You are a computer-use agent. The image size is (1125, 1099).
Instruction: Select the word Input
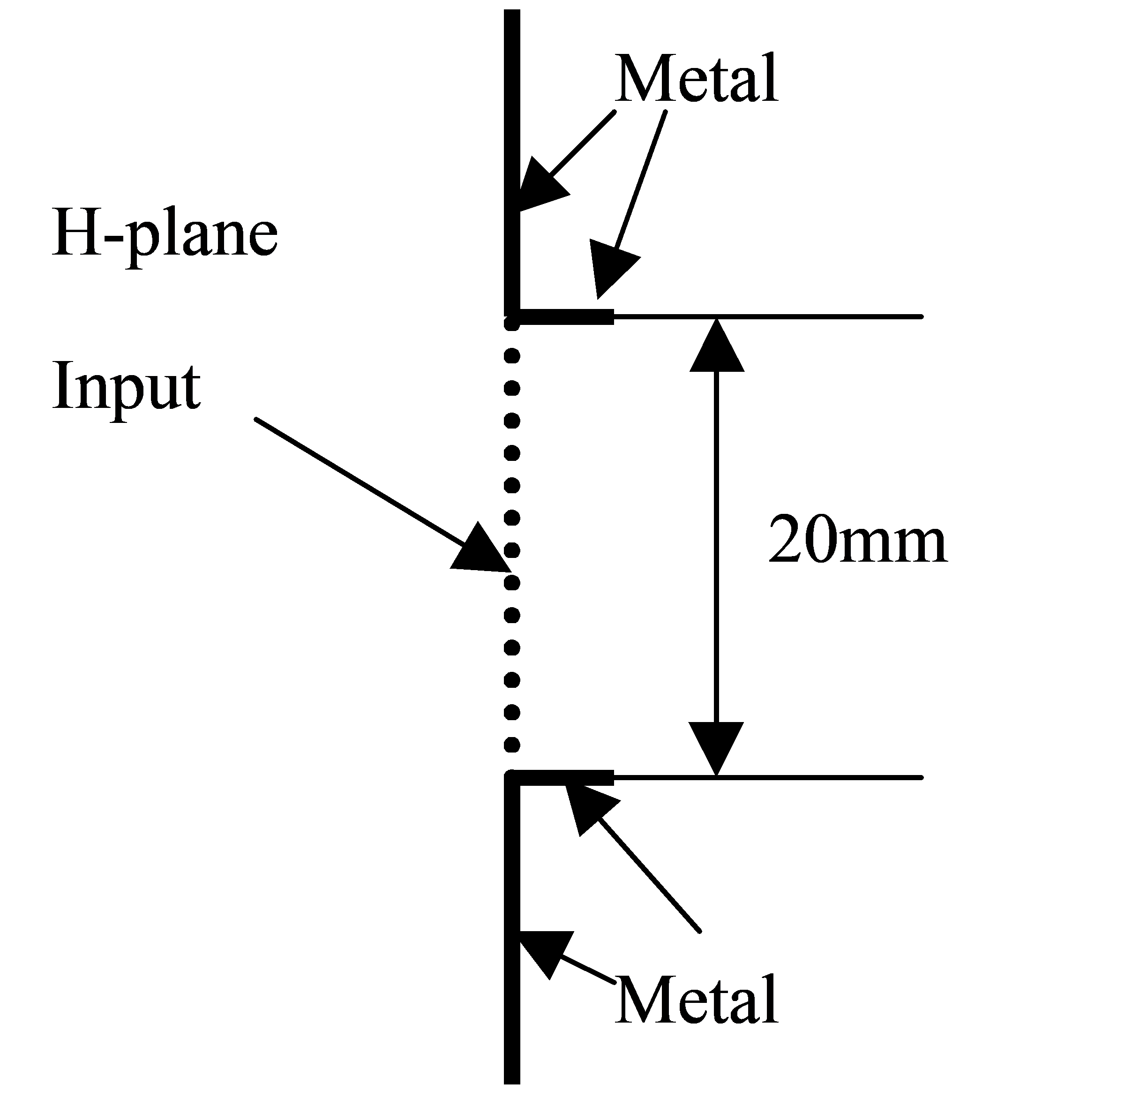click(x=127, y=387)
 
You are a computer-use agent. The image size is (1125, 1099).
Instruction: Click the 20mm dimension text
click(x=858, y=539)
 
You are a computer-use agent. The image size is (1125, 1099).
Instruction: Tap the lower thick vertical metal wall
click(x=512, y=929)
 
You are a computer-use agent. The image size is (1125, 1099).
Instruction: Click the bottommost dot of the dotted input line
click(x=512, y=746)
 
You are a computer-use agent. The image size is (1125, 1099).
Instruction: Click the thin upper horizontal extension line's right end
click(x=922, y=317)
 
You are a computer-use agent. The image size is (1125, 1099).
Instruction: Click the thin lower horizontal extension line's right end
click(x=922, y=777)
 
